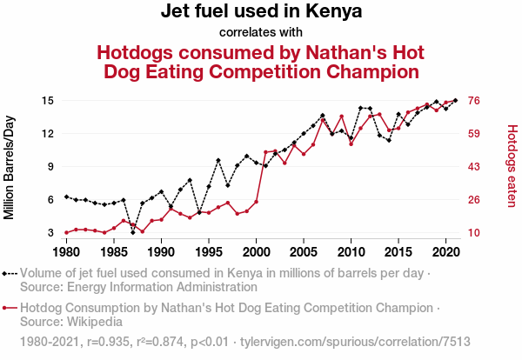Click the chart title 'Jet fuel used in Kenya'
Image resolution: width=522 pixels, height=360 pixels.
click(261, 12)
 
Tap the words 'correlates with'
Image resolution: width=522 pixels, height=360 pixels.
click(261, 32)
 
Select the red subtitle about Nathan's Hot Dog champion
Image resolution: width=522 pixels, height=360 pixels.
click(261, 61)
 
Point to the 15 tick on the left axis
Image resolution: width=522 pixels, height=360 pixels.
click(49, 101)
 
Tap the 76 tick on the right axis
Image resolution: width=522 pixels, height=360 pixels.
click(476, 101)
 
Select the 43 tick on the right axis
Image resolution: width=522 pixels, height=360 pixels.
click(476, 167)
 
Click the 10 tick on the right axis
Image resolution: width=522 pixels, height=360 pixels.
click(476, 233)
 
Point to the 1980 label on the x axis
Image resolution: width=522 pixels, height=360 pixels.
click(66, 252)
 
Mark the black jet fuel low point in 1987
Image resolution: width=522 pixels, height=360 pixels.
click(133, 232)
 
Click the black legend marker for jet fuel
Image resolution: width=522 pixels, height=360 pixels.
click(10, 273)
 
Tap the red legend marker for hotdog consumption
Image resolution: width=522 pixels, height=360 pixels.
click(10, 308)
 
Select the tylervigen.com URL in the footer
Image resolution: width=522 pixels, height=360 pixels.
click(355, 342)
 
